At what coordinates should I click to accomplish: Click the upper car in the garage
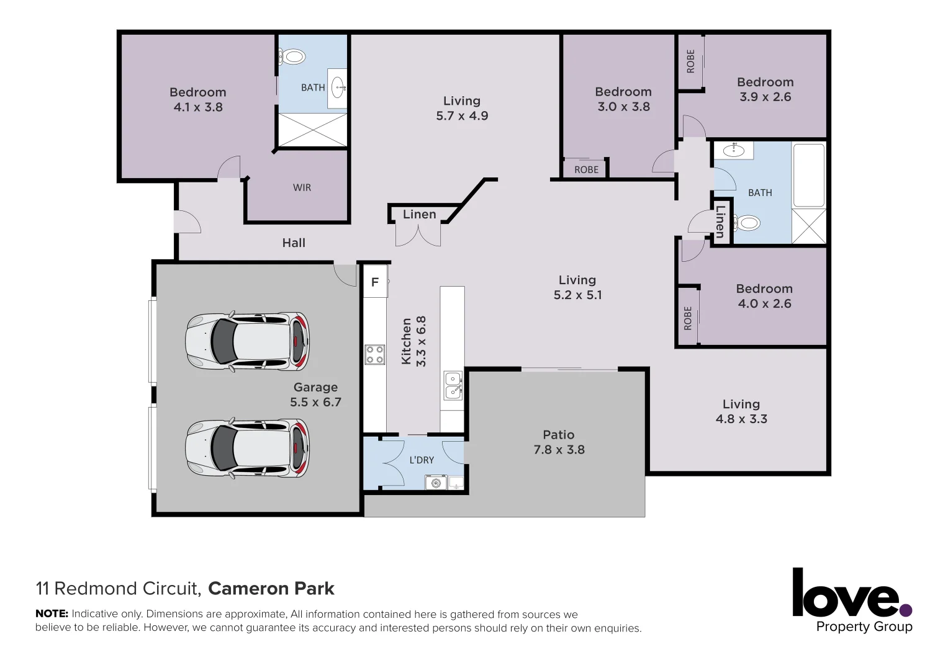pos(247,342)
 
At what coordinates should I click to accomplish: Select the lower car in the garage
pos(247,447)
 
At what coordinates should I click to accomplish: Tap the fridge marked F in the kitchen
pos(375,282)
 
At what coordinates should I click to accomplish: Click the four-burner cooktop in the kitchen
pos(374,355)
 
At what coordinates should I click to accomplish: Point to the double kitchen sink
pos(453,385)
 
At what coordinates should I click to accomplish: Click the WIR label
pos(302,187)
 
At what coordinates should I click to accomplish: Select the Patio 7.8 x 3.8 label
pos(559,442)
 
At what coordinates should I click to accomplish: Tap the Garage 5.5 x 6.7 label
pos(315,395)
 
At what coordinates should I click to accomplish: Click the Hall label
pos(294,243)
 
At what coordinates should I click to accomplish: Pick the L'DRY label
pos(422,460)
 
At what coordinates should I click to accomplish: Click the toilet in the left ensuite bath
pos(292,57)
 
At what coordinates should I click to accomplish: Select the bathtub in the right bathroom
pos(808,175)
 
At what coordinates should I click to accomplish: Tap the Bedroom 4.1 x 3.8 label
pos(198,99)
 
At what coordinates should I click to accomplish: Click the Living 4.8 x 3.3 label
pos(741,411)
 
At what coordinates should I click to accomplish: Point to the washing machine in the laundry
pos(436,482)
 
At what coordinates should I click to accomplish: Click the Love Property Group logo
pos(852,601)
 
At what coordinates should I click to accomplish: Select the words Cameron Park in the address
pos(271,588)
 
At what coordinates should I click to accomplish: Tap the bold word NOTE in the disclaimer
pos(52,614)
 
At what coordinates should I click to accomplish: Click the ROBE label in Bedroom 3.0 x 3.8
pos(586,169)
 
